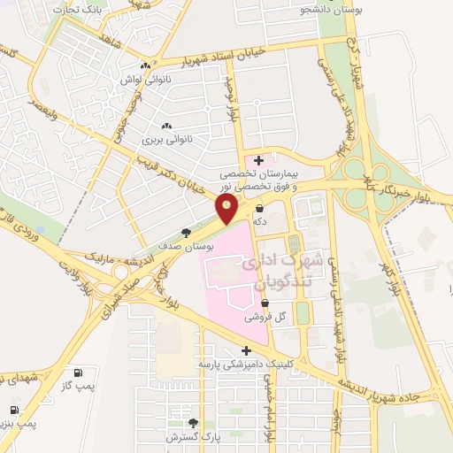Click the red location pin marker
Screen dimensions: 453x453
coord(227,209)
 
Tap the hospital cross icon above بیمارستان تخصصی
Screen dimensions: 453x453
coord(258,160)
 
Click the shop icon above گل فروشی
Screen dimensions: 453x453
coord(265,303)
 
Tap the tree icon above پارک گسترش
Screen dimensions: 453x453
coord(194,423)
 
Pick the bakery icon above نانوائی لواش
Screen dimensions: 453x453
coord(145,65)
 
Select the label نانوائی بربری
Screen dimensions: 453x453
coord(166,140)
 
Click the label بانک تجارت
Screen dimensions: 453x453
coord(76,9)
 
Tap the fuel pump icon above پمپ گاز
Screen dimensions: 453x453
coord(80,372)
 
